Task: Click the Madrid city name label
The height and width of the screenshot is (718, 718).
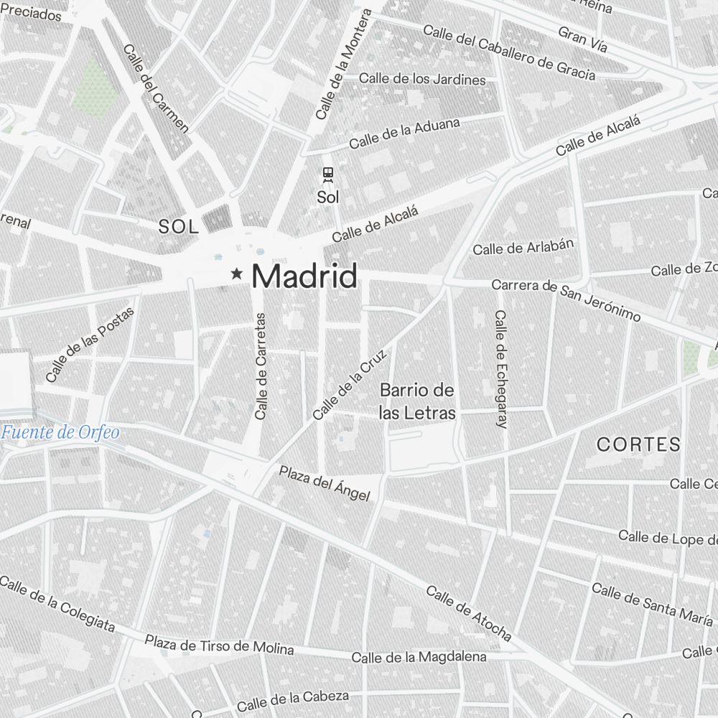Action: click(304, 276)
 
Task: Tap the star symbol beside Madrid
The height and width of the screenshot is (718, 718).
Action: click(236, 274)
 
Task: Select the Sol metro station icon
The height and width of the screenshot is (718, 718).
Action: click(328, 174)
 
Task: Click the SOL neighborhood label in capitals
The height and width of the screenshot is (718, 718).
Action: click(178, 228)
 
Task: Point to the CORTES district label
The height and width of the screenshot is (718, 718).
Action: click(638, 444)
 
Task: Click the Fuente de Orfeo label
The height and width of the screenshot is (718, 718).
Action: click(60, 432)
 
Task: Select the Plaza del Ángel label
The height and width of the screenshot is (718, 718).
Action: click(324, 483)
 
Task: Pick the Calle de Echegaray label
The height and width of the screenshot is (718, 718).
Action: click(501, 369)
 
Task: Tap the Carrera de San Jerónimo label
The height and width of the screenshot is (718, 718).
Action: click(566, 300)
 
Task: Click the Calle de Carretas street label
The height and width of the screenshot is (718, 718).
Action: click(261, 366)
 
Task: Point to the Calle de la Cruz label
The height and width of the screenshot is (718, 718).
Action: click(350, 384)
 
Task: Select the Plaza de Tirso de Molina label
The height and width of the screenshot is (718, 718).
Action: click(219, 644)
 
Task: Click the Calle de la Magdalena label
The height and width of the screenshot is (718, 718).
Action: click(419, 657)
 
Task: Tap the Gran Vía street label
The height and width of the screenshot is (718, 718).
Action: click(582, 40)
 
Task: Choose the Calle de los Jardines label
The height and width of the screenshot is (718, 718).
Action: click(422, 79)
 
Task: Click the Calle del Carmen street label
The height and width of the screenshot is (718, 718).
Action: click(156, 89)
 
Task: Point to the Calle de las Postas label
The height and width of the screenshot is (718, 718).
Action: click(90, 345)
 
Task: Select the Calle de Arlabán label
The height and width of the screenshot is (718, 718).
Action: click(523, 246)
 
